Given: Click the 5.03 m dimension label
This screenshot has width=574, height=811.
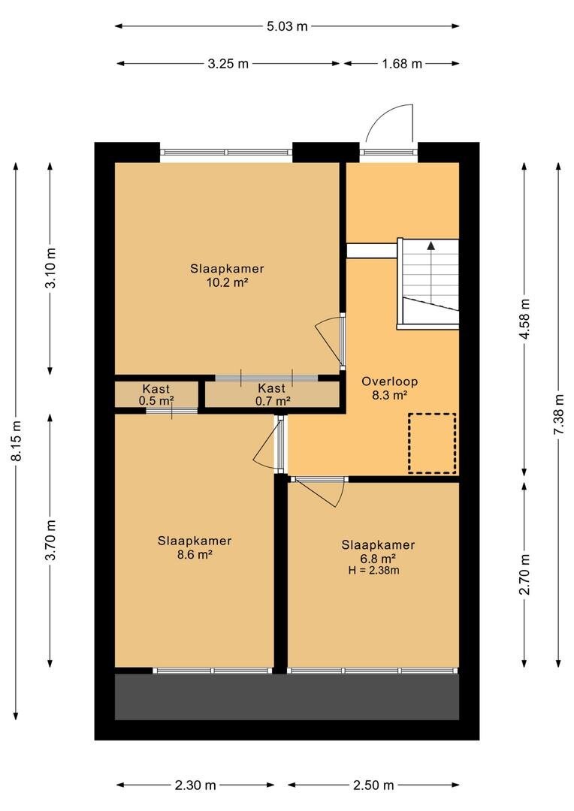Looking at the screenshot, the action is [x=287, y=26].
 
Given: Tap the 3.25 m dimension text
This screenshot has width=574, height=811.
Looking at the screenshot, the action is [x=228, y=64].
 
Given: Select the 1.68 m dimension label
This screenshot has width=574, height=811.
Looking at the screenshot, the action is [x=402, y=64].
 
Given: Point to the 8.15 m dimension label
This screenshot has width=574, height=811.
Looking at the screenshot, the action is [x=17, y=440].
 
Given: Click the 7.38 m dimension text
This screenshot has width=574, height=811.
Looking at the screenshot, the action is [x=559, y=415].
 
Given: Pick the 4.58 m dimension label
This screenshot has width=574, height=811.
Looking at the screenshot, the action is [x=525, y=319].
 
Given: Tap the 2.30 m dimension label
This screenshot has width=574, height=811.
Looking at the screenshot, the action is [x=195, y=785].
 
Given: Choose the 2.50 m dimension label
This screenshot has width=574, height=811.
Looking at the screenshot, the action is [x=373, y=785].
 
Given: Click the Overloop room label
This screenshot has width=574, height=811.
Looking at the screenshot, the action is [x=390, y=381].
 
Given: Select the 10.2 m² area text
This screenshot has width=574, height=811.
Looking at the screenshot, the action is [x=227, y=282].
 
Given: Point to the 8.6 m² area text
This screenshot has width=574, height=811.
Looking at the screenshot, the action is [x=195, y=554].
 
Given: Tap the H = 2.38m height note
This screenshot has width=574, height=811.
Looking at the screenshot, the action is [x=373, y=571].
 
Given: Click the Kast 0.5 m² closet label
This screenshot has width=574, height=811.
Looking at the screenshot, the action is [x=156, y=394].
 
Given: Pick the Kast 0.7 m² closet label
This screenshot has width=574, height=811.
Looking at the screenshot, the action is [x=272, y=394].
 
